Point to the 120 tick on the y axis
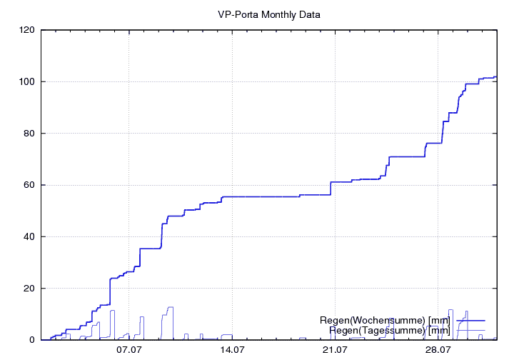point(27,30)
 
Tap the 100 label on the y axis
point(27,81)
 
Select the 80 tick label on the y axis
point(29,134)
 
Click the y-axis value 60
point(29,185)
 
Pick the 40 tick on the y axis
point(29,237)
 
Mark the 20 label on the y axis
point(29,289)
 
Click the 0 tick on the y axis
point(32,340)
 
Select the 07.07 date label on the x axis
point(128,350)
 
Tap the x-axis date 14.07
point(232,350)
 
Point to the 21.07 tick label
point(335,350)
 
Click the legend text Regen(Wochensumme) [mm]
point(385,320)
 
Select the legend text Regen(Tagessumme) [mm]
point(390,330)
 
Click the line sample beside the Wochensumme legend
point(470,320)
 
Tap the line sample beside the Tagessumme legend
point(470,330)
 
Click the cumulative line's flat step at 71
point(407,156)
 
